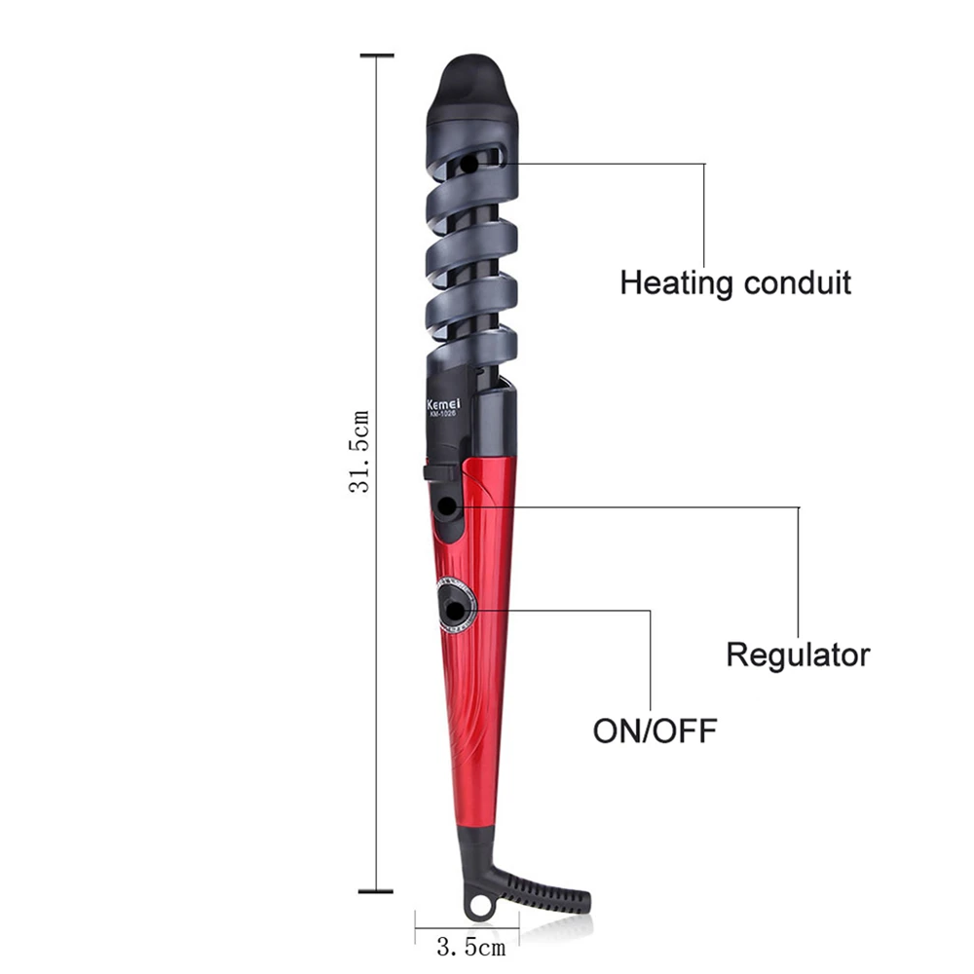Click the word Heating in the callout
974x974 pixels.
click(x=677, y=283)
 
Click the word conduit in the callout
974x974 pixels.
click(x=798, y=282)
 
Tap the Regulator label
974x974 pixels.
click(x=799, y=655)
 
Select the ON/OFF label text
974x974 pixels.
click(x=655, y=730)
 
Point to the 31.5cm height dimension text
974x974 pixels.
click(x=359, y=452)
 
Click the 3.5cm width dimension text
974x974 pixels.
click(x=470, y=948)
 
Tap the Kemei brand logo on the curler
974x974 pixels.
click(x=443, y=404)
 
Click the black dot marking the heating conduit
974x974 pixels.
click(x=469, y=166)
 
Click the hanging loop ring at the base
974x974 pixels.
click(x=479, y=906)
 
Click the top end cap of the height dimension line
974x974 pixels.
click(x=377, y=56)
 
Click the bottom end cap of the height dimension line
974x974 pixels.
click(x=376, y=891)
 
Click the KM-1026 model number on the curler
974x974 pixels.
click(x=443, y=415)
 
